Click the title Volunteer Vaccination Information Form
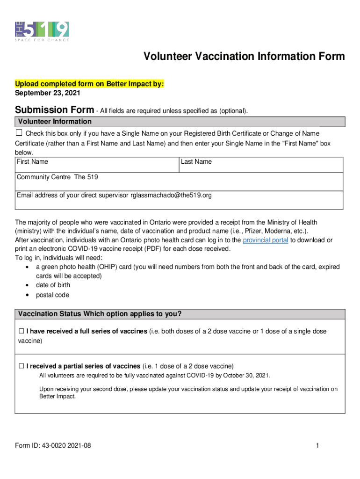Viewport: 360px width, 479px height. click(244, 57)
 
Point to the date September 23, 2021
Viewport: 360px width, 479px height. click(47, 93)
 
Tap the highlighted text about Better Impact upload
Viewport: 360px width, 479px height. click(89, 84)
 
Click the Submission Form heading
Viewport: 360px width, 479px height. click(54, 110)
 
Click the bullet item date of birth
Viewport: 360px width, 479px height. click(52, 285)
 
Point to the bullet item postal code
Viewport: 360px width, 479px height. click(52, 295)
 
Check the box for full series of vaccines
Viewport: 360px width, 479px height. click(21, 331)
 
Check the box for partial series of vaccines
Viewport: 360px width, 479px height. click(21, 366)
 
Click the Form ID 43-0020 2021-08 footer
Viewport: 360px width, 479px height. click(53, 446)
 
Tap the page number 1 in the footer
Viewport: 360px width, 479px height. click(317, 446)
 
